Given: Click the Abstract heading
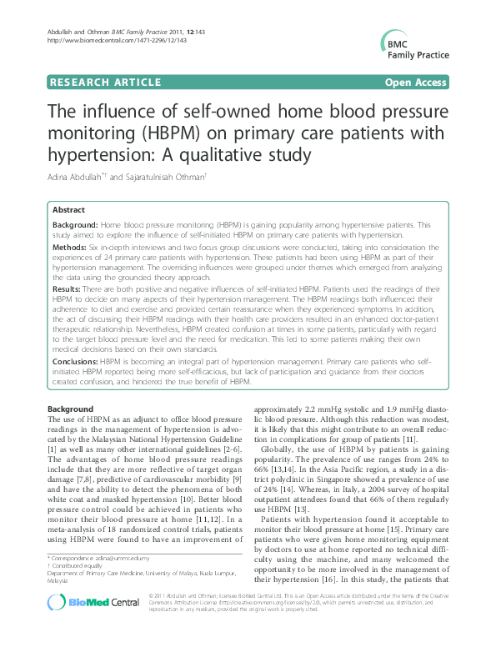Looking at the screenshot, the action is pos(68,211).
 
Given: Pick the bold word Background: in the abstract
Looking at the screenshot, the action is pos(76,225).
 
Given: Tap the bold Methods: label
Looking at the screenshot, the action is pos(71,248).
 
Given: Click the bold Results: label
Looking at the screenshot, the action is pos(68,287).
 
